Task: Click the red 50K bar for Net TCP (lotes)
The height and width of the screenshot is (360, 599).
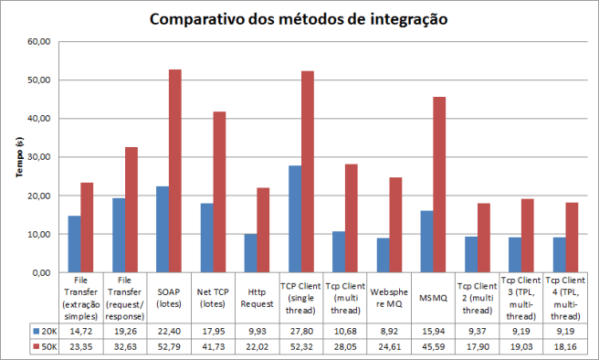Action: pos(220,192)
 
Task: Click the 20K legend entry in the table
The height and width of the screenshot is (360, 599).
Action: pos(45,330)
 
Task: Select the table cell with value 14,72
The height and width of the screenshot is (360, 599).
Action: pos(80,330)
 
